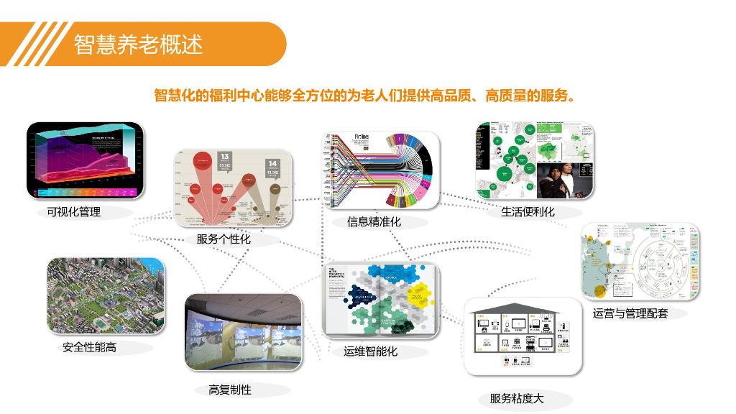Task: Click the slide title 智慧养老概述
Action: [138, 44]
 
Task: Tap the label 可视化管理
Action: [73, 212]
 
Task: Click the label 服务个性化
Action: [224, 239]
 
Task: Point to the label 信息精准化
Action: [374, 222]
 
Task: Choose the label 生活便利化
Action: [528, 212]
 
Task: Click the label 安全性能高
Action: [89, 347]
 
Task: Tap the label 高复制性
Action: [230, 390]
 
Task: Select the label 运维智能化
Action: [370, 351]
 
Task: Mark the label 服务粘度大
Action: [517, 398]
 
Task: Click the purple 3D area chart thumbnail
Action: [85, 160]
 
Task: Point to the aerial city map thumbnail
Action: [106, 295]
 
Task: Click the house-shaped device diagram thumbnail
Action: [522, 336]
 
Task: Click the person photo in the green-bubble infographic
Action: [563, 178]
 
